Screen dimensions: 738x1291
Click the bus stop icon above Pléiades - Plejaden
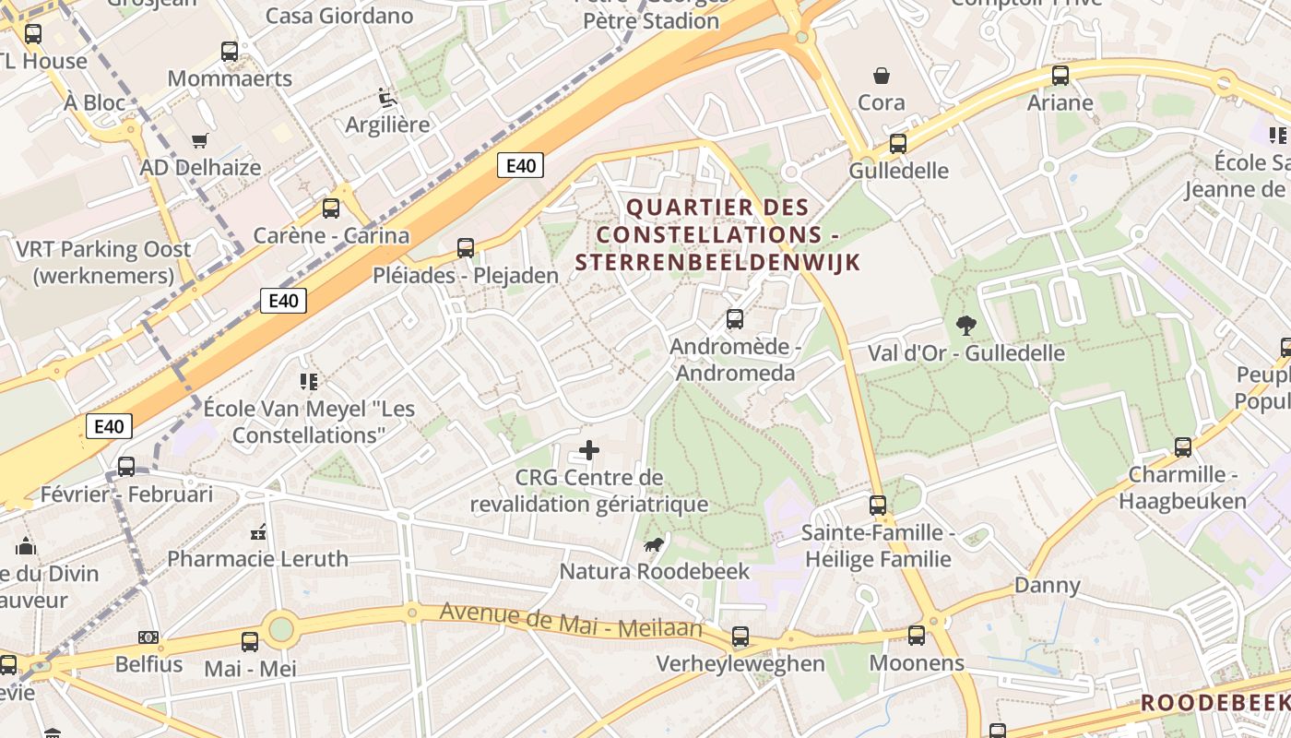click(466, 247)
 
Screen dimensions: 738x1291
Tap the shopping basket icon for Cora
click(882, 75)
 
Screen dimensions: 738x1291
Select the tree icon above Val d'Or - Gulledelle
click(965, 325)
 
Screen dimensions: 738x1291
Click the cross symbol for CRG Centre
click(588, 450)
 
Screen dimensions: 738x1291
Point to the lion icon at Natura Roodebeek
click(653, 545)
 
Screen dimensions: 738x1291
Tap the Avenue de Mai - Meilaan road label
click(571, 620)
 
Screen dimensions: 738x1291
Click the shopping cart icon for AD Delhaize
click(199, 140)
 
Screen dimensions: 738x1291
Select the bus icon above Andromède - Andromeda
click(734, 319)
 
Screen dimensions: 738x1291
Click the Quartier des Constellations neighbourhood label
click(717, 234)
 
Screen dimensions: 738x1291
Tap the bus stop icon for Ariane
click(1060, 76)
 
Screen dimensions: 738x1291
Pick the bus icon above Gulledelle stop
click(897, 143)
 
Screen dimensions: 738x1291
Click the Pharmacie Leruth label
click(258, 558)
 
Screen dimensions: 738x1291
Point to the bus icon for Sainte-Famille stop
click(877, 506)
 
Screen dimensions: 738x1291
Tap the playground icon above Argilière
click(386, 97)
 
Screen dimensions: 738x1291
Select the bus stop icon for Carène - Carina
click(331, 208)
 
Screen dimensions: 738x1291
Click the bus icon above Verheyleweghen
click(740, 637)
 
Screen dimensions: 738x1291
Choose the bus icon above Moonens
click(916, 636)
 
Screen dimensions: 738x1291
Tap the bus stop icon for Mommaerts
click(230, 52)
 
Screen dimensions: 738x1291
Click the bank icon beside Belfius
click(148, 637)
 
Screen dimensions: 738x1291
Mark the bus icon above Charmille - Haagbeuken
click(1182, 447)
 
